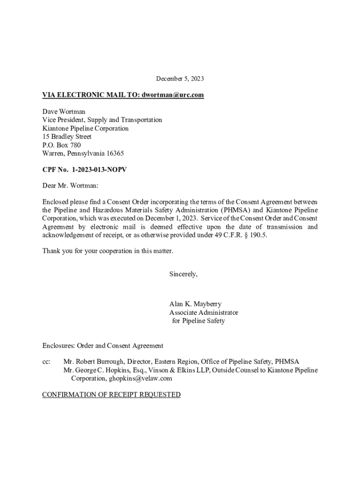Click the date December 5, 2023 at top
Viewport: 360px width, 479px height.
click(x=180, y=79)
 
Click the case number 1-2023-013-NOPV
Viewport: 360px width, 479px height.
click(x=99, y=170)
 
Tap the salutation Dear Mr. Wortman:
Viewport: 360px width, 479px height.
click(x=71, y=186)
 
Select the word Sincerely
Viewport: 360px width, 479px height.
click(x=183, y=274)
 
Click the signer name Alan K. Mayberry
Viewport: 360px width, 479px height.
click(x=195, y=304)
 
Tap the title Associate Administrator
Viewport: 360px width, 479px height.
click(x=203, y=312)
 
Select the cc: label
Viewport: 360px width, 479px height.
click(x=47, y=362)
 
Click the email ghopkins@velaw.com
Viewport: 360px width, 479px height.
click(x=138, y=378)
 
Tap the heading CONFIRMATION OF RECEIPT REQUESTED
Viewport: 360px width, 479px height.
click(x=111, y=395)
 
